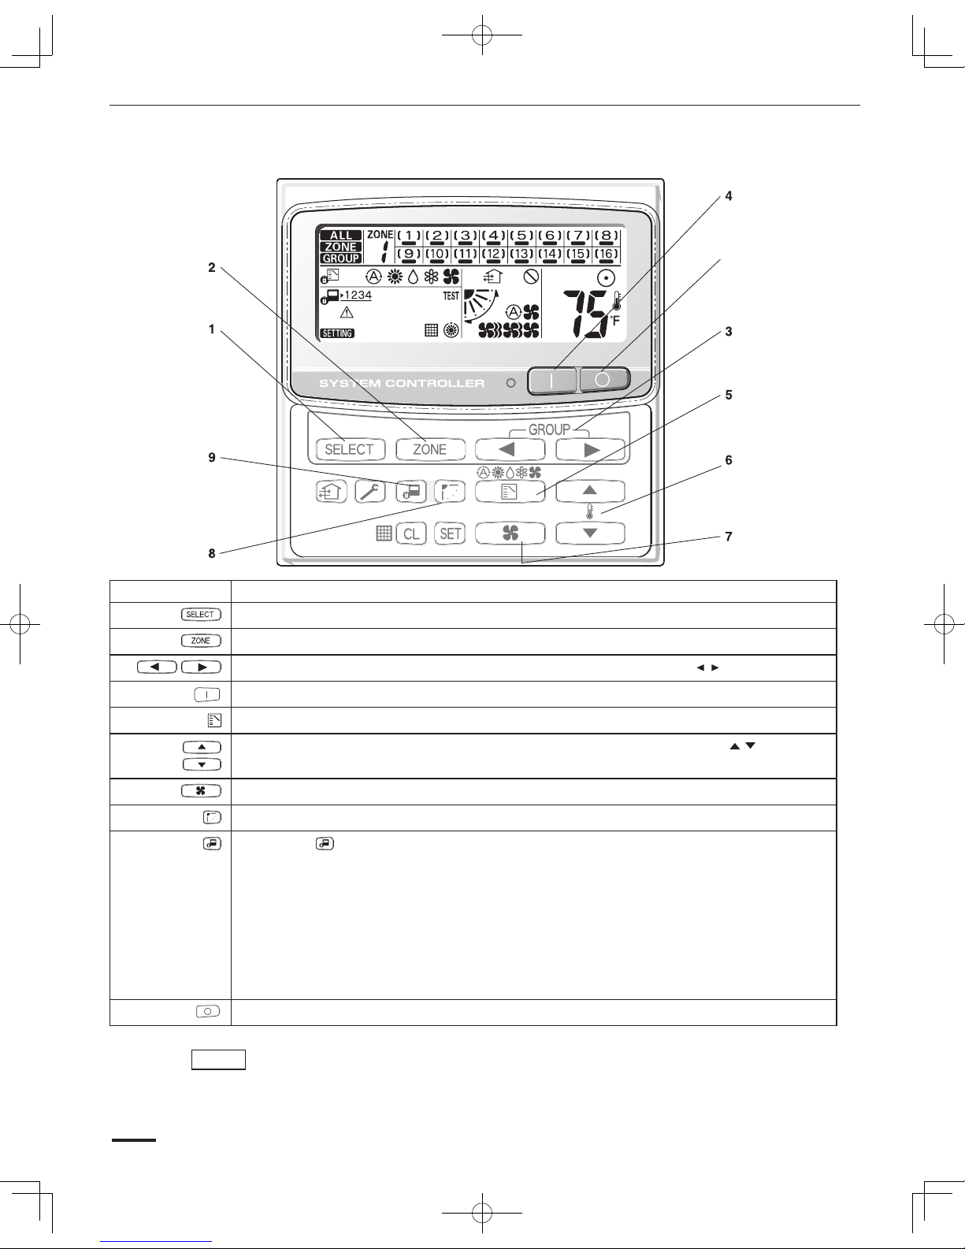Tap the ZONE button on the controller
(x=429, y=449)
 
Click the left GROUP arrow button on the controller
(x=510, y=449)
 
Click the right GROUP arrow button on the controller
(x=590, y=449)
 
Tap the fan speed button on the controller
(x=510, y=533)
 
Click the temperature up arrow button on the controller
(x=590, y=491)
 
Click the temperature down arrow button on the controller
(x=590, y=533)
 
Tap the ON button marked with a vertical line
(x=551, y=380)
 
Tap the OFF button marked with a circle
(x=604, y=380)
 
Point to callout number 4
(x=729, y=196)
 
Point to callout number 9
(x=212, y=457)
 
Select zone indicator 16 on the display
(x=606, y=254)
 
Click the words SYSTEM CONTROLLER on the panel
(x=401, y=384)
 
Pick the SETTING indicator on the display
(x=337, y=333)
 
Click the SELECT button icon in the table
(x=200, y=615)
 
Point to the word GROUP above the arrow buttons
(x=549, y=429)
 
